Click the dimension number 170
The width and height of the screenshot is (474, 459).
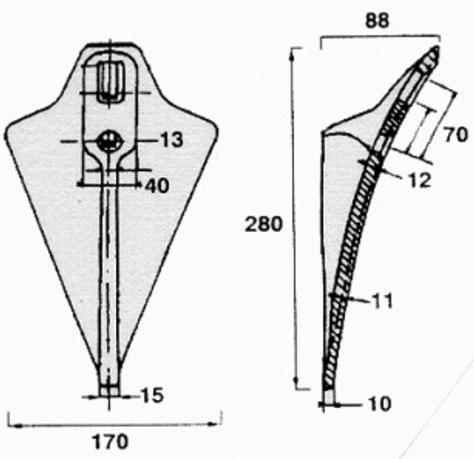110,442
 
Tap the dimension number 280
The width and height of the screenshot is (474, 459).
263,224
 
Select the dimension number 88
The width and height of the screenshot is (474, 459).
377,21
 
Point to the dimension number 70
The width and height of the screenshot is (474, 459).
456,135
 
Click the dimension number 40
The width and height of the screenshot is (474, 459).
157,186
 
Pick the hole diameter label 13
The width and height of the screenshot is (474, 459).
172,140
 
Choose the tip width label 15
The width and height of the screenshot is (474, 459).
152,395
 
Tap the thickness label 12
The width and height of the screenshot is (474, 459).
420,180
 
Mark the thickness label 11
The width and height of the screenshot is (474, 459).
383,301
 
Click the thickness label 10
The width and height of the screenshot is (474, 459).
380,404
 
